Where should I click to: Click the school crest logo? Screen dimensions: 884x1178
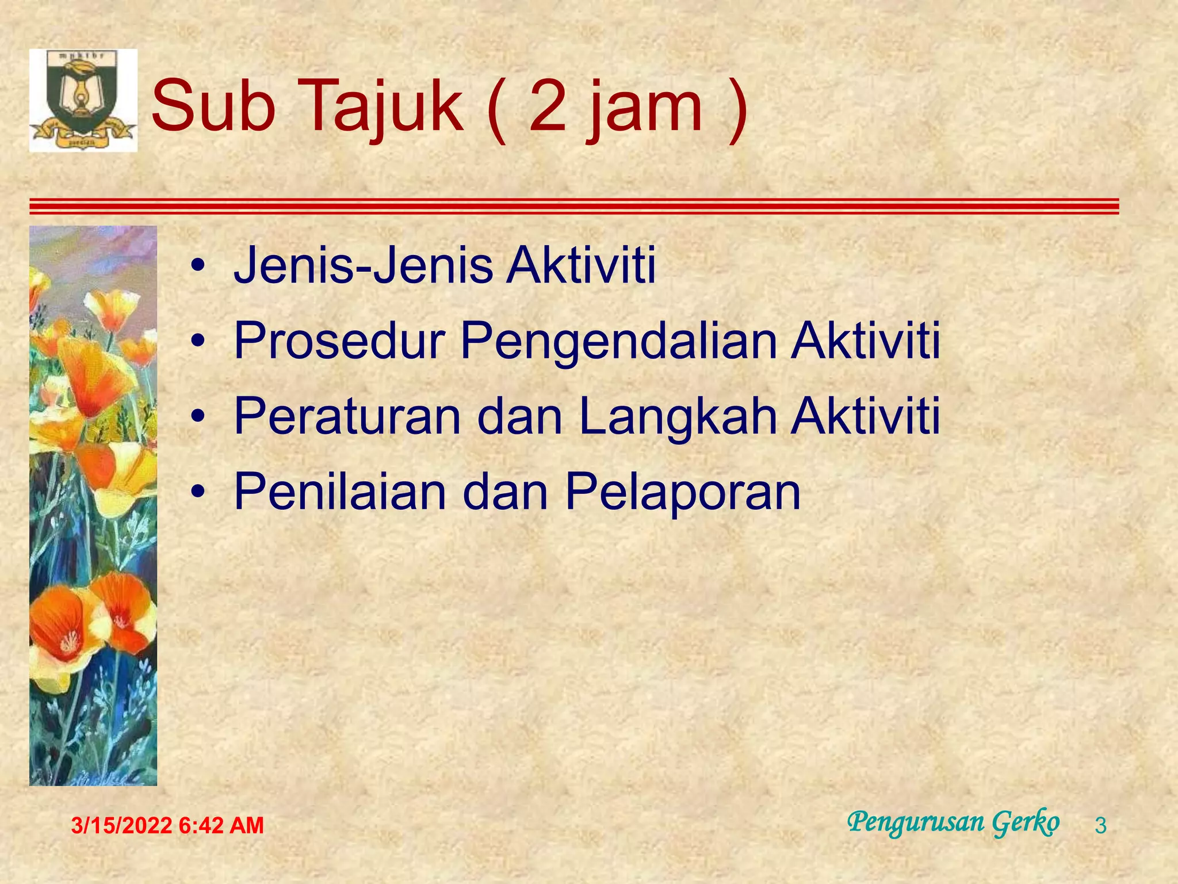coord(83,100)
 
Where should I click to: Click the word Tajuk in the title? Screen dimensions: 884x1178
coord(380,106)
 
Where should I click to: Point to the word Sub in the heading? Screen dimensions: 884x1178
coord(213,106)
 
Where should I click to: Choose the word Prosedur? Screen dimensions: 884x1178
coord(339,341)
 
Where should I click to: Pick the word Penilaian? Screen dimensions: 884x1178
coord(339,491)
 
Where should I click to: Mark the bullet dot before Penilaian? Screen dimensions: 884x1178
coord(198,493)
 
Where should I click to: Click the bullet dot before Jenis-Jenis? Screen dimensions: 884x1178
coord(198,266)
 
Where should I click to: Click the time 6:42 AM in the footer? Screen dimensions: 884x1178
coord(221,826)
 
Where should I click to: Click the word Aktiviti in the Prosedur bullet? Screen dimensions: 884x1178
coord(866,341)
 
